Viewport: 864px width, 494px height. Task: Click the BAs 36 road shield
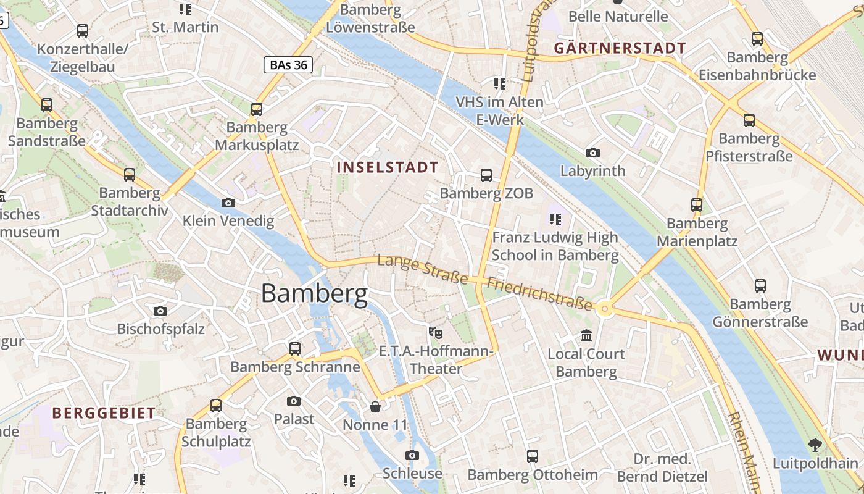coord(288,65)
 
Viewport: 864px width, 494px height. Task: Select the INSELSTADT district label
coord(388,167)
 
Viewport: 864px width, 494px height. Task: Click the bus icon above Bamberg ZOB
coord(486,175)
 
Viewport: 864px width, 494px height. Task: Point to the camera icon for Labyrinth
coord(592,153)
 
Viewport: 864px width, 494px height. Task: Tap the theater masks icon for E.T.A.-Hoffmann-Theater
coord(436,333)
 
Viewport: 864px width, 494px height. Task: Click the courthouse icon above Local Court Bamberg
coord(586,336)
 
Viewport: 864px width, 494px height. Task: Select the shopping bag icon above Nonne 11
coord(375,407)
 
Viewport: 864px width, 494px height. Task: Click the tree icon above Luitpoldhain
coord(815,445)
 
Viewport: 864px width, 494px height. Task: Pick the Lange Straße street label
coord(423,270)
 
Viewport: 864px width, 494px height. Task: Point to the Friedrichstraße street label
coord(539,294)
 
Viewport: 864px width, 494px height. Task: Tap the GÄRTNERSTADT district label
coord(620,48)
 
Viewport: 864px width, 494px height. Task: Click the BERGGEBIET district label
coord(104,413)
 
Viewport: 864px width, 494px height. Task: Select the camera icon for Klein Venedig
coord(228,203)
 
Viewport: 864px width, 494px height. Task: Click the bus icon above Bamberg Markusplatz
coord(256,109)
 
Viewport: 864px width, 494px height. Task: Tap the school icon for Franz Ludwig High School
coord(555,219)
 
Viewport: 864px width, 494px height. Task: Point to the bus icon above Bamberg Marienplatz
coord(697,205)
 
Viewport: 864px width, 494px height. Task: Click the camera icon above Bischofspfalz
coord(160,311)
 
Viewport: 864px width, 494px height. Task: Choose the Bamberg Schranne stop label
coord(295,367)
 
